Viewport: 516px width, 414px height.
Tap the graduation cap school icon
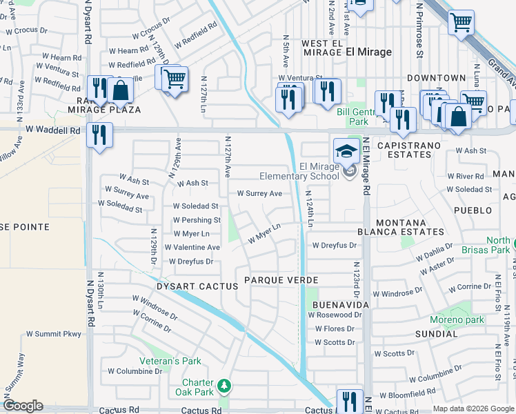pyautogui.click(x=346, y=150)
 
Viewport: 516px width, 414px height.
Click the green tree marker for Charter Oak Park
pyautogui.click(x=224, y=384)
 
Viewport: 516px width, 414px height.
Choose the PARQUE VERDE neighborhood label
pyautogui.click(x=281, y=280)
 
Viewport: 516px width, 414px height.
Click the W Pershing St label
pyautogui.click(x=197, y=220)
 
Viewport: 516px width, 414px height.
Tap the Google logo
pyautogui.click(x=23, y=405)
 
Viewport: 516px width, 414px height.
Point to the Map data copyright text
pyautogui.click(x=473, y=408)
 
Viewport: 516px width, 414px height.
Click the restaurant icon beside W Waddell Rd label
pyautogui.click(x=100, y=135)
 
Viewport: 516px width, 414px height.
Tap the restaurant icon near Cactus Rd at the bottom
pyautogui.click(x=350, y=402)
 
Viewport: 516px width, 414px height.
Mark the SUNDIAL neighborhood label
pyautogui.click(x=436, y=333)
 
